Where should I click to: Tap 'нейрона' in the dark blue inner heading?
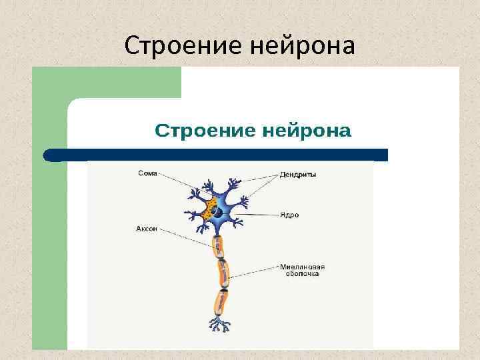point(306,130)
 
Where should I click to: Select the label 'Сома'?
point(147,173)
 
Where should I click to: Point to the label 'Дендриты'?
point(298,175)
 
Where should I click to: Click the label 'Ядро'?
point(289,215)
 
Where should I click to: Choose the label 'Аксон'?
point(147,228)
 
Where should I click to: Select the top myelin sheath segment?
point(218,247)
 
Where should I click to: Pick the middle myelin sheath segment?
point(223,273)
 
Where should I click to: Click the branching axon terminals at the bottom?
point(219,325)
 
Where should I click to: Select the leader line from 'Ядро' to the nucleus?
point(257,214)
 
